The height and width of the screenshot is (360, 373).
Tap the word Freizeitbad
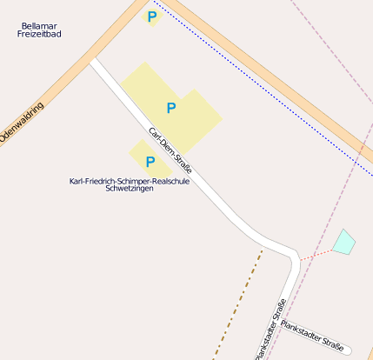(x=40, y=34)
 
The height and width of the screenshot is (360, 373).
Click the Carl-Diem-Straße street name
(x=170, y=151)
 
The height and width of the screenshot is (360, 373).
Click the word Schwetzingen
(x=129, y=189)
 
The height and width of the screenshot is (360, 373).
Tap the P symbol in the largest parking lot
(x=171, y=108)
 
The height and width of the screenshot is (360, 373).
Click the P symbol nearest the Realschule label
(x=150, y=161)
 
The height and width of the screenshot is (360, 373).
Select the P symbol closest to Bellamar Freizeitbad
(x=152, y=16)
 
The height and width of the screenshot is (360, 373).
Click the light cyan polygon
(x=344, y=242)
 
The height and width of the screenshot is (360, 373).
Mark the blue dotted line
(x=261, y=86)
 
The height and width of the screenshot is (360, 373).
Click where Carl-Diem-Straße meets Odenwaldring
(x=94, y=61)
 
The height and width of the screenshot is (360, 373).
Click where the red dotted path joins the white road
(x=299, y=260)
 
